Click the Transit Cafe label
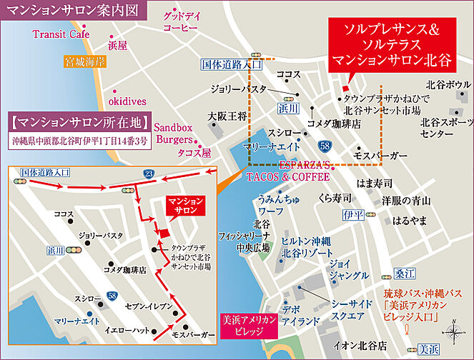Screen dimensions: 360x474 click(x=61, y=34)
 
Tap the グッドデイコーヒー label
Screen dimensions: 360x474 click(x=179, y=21)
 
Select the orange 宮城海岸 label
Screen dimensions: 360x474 click(x=86, y=61)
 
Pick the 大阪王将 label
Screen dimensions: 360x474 click(x=227, y=115)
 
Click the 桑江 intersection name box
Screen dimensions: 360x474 click(x=404, y=274)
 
